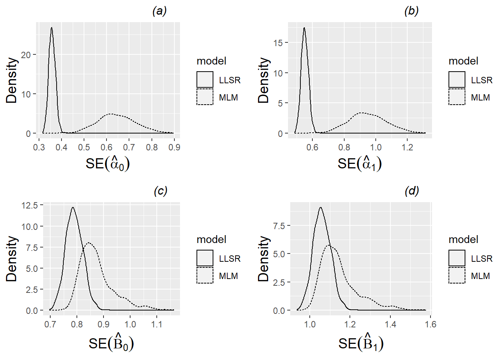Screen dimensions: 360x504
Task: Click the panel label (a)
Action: click(x=159, y=11)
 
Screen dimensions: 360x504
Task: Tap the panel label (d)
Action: click(x=411, y=191)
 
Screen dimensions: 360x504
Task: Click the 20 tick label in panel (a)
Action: click(x=26, y=55)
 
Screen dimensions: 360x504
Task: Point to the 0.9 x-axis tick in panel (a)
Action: click(x=174, y=147)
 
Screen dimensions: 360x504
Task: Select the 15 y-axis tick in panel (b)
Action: click(x=278, y=43)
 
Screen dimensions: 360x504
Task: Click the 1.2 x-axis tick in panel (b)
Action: click(x=407, y=147)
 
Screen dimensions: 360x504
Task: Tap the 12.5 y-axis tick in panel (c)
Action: click(x=30, y=205)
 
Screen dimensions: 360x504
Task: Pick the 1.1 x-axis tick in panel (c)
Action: click(x=157, y=324)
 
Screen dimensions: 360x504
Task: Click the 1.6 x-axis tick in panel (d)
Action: click(x=431, y=324)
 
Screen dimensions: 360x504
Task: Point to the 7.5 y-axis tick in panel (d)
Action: click(x=279, y=226)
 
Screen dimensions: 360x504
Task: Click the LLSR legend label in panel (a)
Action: click(x=229, y=80)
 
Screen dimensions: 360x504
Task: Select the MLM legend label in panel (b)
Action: click(x=480, y=97)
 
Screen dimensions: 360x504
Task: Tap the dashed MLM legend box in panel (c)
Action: click(x=205, y=275)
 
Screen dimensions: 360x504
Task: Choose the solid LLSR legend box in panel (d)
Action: click(x=457, y=258)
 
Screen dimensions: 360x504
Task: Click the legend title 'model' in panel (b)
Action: click(x=463, y=61)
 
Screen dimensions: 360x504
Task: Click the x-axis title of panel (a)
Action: click(x=108, y=163)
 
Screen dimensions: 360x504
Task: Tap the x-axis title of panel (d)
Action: click(x=361, y=343)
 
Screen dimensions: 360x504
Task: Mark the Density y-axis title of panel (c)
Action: click(x=12, y=258)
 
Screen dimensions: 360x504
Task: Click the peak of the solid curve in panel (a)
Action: click(x=51, y=28)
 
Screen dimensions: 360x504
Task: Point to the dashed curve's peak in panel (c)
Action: click(x=89, y=243)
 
